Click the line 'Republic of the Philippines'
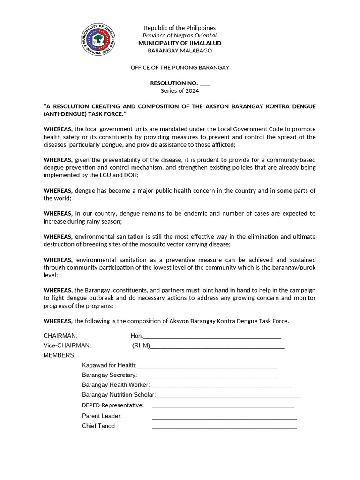click(180, 28)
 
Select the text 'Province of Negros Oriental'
click(180, 36)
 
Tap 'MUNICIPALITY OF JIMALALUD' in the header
click(180, 43)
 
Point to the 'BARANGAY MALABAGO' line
click(180, 51)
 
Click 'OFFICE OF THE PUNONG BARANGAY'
click(180, 67)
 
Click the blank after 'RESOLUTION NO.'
click(204, 83)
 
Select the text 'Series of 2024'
click(180, 90)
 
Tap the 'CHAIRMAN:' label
click(60, 336)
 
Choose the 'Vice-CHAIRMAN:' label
click(67, 345)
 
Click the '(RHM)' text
click(141, 345)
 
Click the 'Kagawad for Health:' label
click(109, 365)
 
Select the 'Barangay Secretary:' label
click(109, 375)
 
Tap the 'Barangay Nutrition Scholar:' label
click(119, 395)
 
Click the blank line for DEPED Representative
click(223, 406)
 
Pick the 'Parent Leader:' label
click(102, 416)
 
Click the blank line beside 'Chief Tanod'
click(225, 427)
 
